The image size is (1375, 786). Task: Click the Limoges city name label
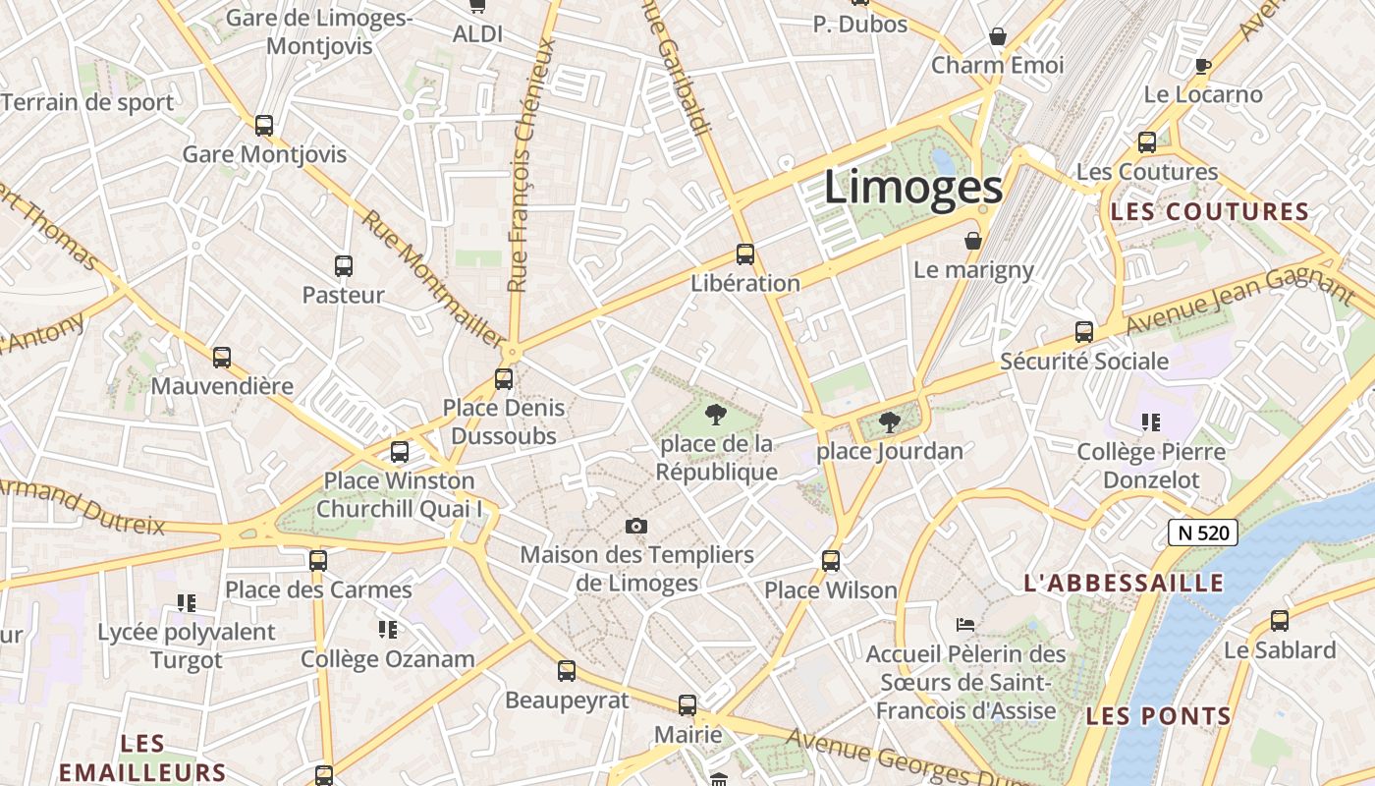point(912,188)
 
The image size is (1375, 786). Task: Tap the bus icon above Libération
point(745,254)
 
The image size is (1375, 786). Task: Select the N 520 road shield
point(1203,533)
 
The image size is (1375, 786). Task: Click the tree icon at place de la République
point(716,414)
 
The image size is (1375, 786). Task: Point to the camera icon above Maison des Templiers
point(636,527)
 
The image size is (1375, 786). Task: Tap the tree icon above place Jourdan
point(890,422)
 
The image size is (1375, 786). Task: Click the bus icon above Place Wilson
point(831,561)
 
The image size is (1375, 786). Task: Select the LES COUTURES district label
point(1210,212)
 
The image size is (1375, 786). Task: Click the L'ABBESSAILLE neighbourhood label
point(1125,583)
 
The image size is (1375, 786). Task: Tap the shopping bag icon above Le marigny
point(973,241)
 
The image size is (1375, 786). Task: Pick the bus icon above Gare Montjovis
point(264,126)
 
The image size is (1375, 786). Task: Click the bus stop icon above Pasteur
point(344,265)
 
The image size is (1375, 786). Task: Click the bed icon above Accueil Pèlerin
point(965,625)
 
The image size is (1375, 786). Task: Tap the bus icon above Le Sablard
point(1279,621)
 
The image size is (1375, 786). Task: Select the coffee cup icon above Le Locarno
point(1203,66)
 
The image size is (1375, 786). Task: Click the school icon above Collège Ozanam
point(388,630)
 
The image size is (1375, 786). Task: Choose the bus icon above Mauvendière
point(222,358)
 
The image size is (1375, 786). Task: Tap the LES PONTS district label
point(1159,716)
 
